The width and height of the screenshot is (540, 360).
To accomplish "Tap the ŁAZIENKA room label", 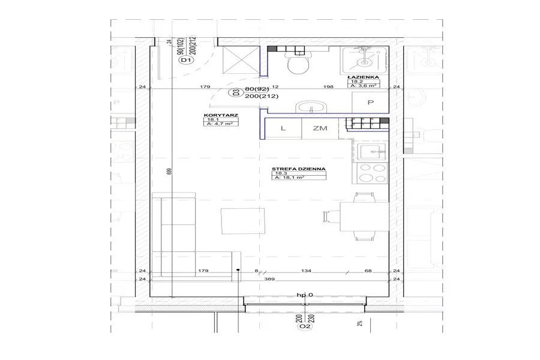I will click(362, 78).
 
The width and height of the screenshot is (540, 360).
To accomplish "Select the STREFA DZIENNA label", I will click(299, 169).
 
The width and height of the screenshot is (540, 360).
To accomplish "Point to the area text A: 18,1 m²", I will click(290, 178).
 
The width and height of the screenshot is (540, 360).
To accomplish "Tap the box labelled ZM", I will click(319, 128).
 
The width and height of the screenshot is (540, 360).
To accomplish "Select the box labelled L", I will click(283, 128).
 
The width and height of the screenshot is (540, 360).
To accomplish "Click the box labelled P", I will click(370, 103).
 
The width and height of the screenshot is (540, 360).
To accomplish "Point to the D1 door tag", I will click(185, 61).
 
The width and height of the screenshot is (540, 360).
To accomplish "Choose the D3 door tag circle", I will click(236, 92).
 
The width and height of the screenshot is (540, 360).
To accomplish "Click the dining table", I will click(359, 217).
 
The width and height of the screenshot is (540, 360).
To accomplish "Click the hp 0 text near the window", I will click(305, 295).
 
